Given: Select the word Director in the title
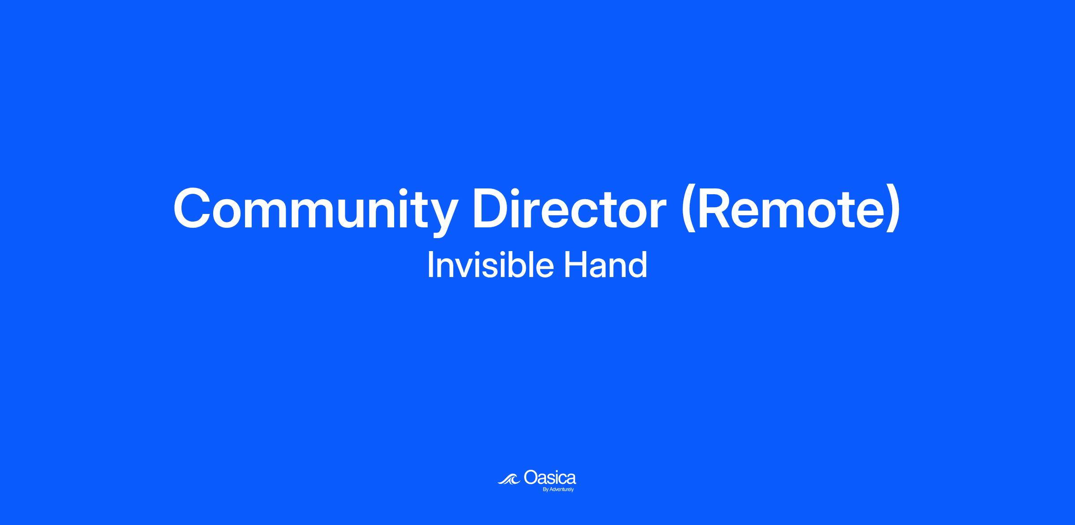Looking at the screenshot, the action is point(569,209).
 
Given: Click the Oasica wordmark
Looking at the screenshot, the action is point(550,478).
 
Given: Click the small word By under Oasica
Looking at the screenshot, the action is point(546,490).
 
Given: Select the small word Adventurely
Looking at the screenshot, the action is point(562,490).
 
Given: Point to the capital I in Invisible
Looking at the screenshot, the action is point(430,265).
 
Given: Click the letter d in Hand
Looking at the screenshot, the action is point(639,265).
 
